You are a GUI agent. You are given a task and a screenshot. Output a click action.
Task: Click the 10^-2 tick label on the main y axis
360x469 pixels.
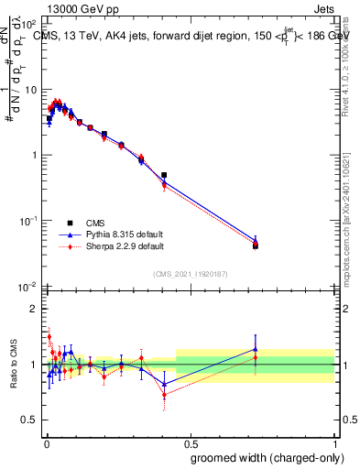(x=29, y=287)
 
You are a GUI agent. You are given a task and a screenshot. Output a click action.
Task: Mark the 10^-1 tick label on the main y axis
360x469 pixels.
(x=29, y=221)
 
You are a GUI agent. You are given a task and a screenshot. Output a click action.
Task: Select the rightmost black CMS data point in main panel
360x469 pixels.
(x=256, y=245)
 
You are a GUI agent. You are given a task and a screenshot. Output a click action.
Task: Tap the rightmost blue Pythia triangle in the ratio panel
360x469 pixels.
(x=256, y=349)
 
